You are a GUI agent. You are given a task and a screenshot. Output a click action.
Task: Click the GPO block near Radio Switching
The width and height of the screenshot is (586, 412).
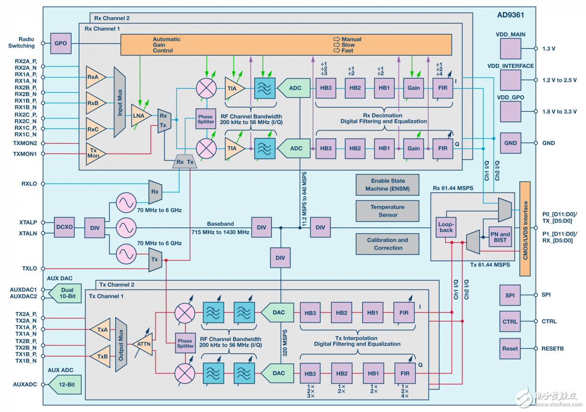point(61,43)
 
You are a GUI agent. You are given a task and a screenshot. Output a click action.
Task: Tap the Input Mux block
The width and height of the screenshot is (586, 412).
point(120,102)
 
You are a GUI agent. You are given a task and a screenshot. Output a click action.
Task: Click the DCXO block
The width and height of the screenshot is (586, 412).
point(64,227)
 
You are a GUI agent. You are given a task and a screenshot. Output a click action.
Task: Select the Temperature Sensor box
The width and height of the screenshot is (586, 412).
point(387,211)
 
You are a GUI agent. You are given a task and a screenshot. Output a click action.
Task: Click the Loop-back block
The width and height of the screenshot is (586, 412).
point(446,227)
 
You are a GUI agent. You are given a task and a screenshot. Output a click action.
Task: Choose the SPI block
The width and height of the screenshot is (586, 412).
point(510,295)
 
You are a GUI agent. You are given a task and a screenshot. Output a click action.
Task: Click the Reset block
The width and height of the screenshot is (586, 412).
point(510,349)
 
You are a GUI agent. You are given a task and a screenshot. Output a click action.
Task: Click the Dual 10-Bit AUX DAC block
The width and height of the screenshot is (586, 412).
point(65,293)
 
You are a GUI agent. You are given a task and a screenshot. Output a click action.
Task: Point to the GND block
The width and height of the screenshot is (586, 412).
point(511,143)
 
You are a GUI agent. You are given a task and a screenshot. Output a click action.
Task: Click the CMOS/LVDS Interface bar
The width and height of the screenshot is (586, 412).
point(525,229)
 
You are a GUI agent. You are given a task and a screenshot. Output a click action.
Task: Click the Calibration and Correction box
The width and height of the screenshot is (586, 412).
point(387,244)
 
